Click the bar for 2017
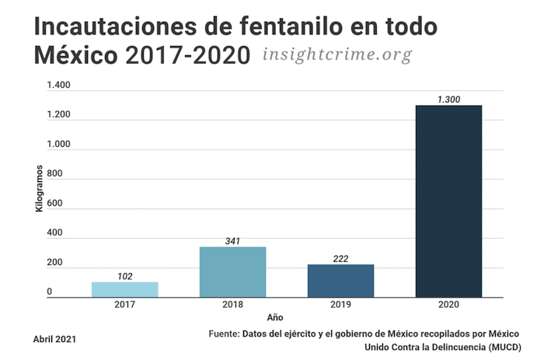click(124, 289)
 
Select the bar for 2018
click(232, 271)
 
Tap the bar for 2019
click(340, 281)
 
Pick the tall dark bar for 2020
click(448, 201)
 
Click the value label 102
click(124, 276)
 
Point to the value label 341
click(232, 241)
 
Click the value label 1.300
click(448, 100)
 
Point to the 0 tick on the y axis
click(49, 292)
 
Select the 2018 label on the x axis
click(232, 304)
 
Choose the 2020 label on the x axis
click(448, 304)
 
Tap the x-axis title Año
click(275, 317)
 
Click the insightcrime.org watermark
click(337, 55)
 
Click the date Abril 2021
click(54, 339)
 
